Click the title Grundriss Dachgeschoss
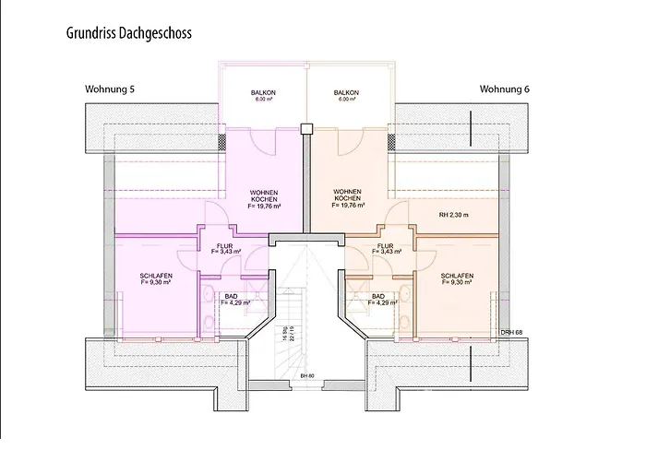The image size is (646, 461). tap(128, 32)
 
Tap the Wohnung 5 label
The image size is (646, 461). tap(110, 89)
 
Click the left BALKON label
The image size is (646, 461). tap(264, 94)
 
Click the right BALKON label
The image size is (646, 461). tap(347, 94)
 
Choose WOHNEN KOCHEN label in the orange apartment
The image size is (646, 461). tap(348, 195)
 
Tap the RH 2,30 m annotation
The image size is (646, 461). tap(454, 215)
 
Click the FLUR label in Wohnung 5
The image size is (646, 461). tap(225, 246)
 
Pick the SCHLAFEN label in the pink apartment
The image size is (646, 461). tap(157, 276)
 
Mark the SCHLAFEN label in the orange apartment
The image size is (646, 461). tap(457, 276)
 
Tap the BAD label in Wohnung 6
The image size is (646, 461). tap(379, 297)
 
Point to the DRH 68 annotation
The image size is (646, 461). tap(511, 332)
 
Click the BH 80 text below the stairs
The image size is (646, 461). tap(306, 377)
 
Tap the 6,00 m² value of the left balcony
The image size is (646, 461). tap(264, 100)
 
